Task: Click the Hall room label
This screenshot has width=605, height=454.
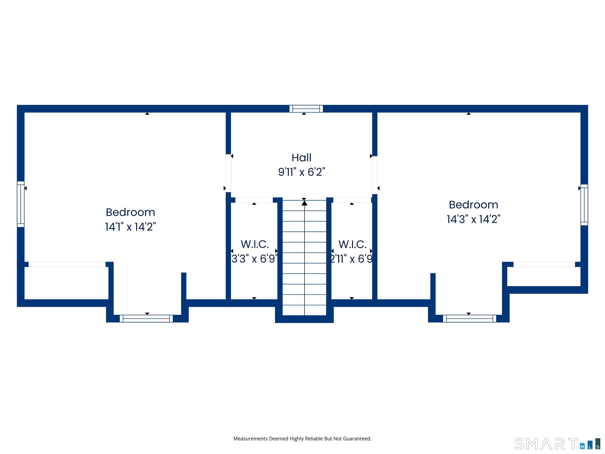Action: (301, 158)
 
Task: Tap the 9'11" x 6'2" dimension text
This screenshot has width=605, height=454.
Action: (301, 172)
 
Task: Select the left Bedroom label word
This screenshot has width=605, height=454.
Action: (130, 212)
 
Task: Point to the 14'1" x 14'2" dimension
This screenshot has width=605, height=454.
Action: (130, 227)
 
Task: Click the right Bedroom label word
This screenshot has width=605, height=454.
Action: (473, 205)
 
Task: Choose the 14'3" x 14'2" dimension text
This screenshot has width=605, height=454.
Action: (473, 219)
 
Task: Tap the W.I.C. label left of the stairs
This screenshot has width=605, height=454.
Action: (255, 244)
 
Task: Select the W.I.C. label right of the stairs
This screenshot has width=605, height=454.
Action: (352, 244)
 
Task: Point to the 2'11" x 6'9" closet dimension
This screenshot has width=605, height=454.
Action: (352, 259)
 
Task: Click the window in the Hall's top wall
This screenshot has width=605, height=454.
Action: (306, 109)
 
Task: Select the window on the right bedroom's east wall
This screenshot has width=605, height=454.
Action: (584, 205)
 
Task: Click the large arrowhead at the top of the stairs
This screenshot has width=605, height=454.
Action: (304, 203)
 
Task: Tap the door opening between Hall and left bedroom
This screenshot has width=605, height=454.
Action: (228, 173)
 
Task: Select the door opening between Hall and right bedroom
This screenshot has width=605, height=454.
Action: (375, 175)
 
